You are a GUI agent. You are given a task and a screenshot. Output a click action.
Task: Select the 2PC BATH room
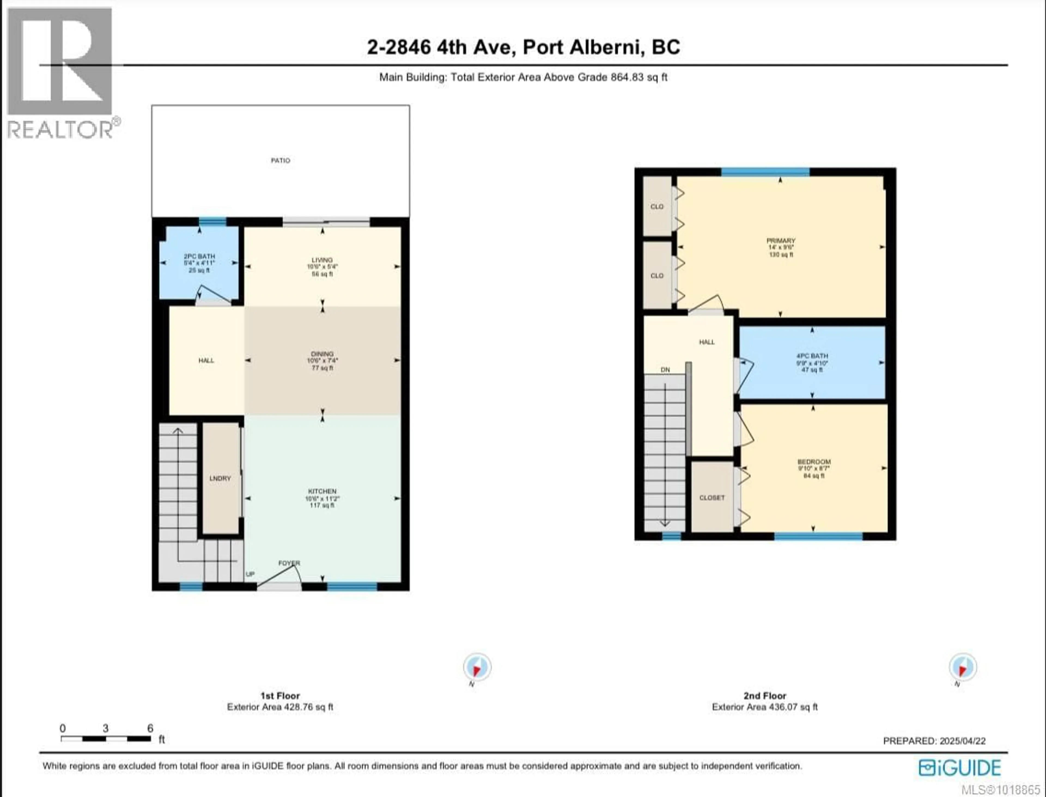pos(199,263)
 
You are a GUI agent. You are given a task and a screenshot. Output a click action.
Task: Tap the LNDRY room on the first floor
pos(220,478)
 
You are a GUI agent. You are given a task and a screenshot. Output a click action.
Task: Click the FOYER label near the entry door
pos(289,563)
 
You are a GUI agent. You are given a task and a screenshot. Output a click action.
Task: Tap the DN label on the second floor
pos(665,370)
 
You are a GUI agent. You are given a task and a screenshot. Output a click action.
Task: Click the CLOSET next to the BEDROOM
pos(712,498)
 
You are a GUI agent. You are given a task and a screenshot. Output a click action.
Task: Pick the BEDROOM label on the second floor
pos(814,461)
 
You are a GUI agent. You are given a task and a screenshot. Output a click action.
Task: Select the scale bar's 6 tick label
pos(150,728)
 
